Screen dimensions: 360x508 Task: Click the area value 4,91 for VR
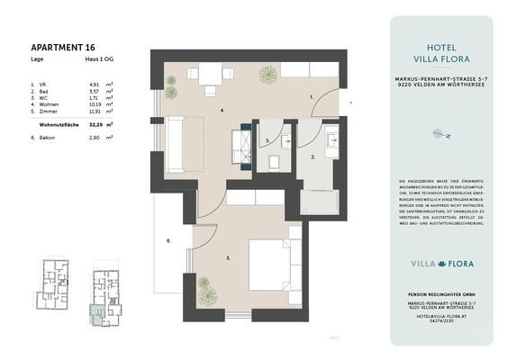pyautogui.click(x=93, y=84)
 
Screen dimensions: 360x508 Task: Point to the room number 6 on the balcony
pyautogui.click(x=169, y=241)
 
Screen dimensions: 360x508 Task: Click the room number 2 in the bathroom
pyautogui.click(x=312, y=157)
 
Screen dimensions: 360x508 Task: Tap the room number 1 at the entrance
pyautogui.click(x=310, y=94)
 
